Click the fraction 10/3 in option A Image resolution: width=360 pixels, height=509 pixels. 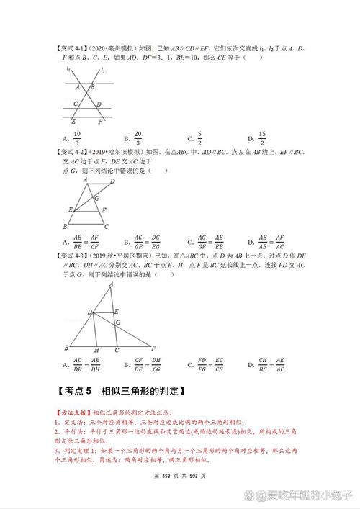click(x=77, y=138)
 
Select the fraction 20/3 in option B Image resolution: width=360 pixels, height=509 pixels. click(x=137, y=138)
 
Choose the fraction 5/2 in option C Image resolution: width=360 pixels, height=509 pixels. click(x=199, y=138)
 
